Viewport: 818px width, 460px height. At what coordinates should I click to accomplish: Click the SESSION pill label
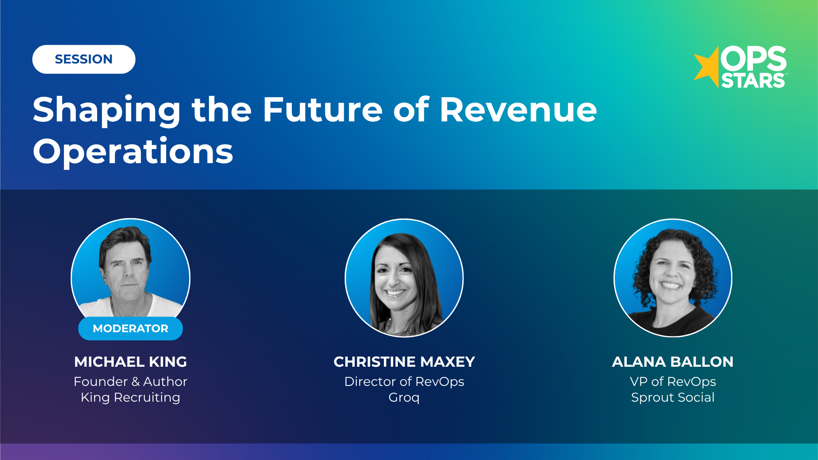click(x=84, y=59)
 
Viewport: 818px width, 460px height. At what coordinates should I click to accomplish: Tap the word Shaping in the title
click(x=107, y=110)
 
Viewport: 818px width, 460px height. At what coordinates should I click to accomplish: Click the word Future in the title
click(x=323, y=109)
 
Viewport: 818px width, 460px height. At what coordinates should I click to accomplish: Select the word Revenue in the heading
click(x=518, y=109)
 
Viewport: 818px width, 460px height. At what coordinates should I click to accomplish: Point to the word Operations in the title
click(x=133, y=151)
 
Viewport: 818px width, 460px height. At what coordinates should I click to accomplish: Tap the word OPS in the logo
click(x=753, y=59)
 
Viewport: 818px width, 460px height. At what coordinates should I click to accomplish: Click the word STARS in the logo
click(x=753, y=81)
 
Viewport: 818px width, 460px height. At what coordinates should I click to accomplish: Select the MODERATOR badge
click(x=130, y=328)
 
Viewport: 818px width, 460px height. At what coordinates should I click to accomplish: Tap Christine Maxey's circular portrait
click(x=404, y=278)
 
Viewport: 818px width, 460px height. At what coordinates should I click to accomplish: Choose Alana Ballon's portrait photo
click(x=673, y=278)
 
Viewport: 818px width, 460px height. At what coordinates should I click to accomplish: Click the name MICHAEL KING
click(x=130, y=362)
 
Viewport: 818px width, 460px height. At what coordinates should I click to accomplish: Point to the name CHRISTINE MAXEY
click(x=404, y=362)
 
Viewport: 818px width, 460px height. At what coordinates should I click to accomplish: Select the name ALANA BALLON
click(x=673, y=362)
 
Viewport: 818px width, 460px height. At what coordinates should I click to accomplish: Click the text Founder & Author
click(x=130, y=382)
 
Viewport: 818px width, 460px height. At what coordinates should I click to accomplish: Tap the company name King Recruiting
click(x=130, y=397)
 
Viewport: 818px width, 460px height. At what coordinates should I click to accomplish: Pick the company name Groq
click(x=404, y=397)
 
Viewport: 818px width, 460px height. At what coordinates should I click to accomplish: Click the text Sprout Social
click(x=673, y=397)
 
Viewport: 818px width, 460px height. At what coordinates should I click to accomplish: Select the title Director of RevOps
click(x=404, y=382)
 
